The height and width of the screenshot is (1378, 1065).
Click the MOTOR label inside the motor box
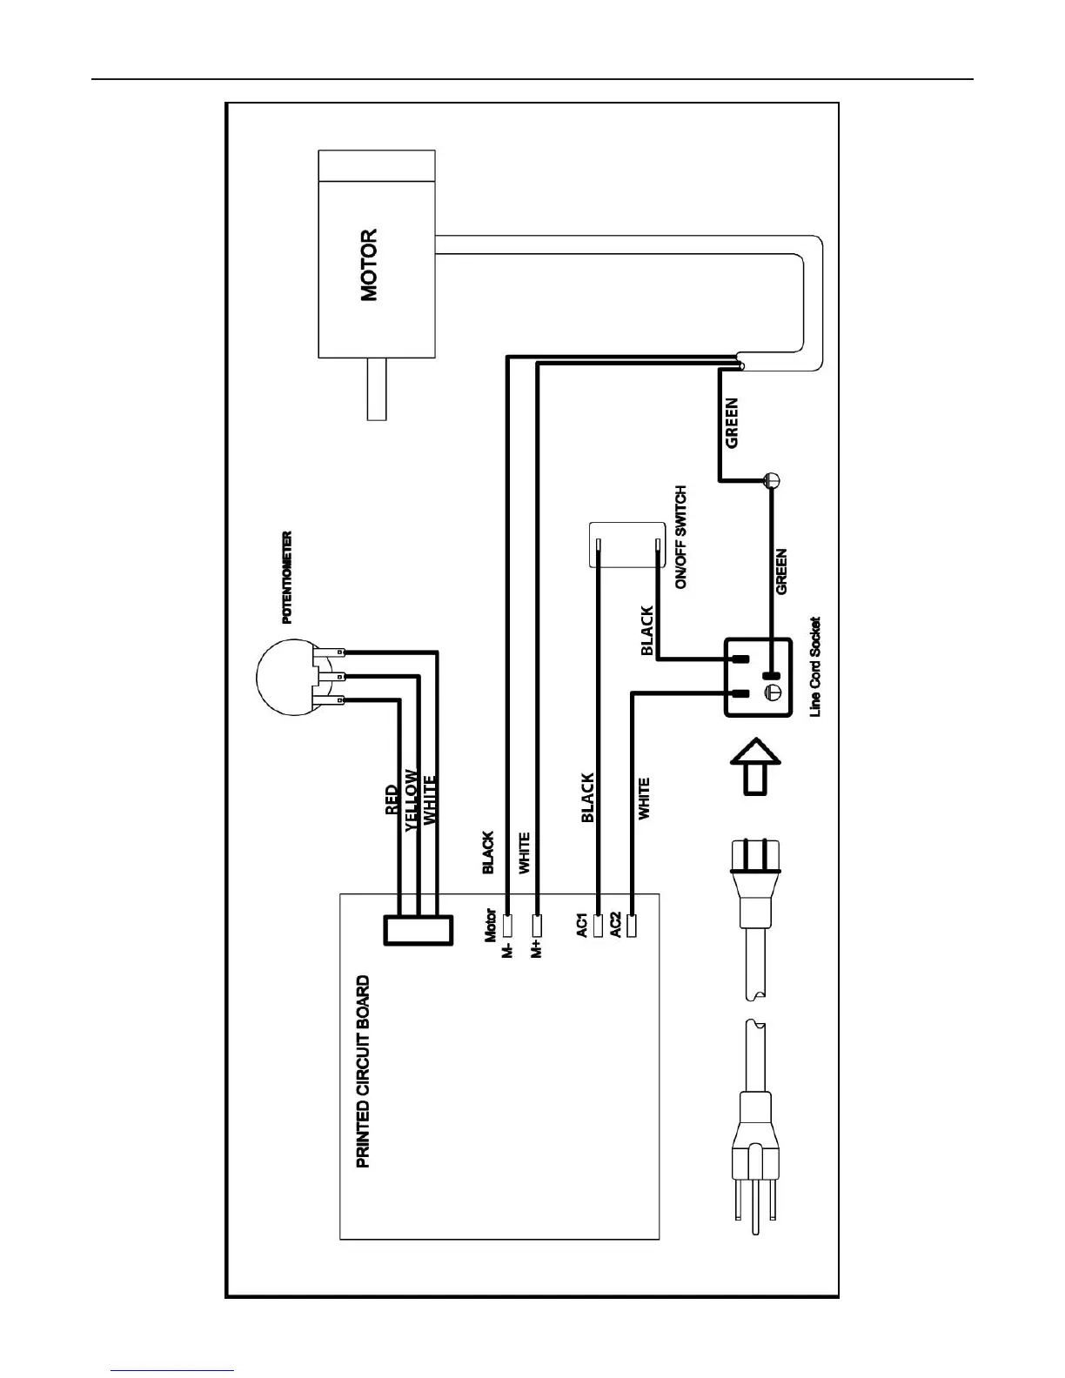(369, 265)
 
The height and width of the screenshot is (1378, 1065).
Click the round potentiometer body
(282, 676)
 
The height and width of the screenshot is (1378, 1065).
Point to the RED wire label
(392, 799)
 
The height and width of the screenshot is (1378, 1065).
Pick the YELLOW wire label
(412, 800)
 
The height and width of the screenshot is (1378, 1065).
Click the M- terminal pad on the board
(508, 925)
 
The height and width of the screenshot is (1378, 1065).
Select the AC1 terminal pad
(598, 925)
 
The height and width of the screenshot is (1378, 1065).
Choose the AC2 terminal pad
(632, 925)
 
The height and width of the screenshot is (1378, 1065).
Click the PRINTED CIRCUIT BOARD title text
(364, 1071)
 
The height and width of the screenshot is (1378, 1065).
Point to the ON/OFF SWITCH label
(681, 538)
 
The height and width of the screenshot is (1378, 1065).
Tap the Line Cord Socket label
(814, 667)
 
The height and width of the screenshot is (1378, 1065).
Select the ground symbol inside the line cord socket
(770, 693)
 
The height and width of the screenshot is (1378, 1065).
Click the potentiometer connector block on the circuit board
(419, 931)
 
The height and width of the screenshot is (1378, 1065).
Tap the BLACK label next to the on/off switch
(646, 631)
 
